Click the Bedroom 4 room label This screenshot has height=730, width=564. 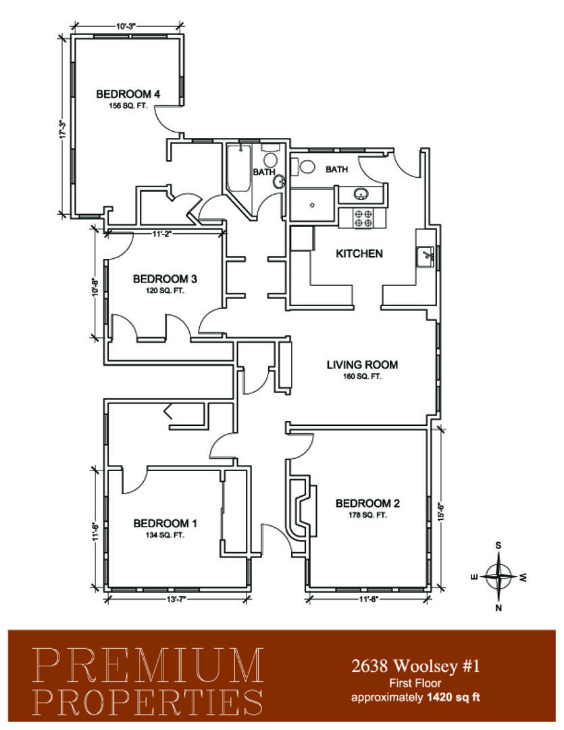[128, 94]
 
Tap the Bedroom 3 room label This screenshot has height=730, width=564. [165, 279]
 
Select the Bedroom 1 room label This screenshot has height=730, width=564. [165, 523]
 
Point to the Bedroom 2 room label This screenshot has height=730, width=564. [367, 504]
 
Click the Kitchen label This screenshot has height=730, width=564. [359, 253]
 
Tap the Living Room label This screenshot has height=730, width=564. [362, 365]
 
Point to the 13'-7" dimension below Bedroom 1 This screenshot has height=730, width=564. [176, 599]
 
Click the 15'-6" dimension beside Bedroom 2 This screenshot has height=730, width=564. [442, 511]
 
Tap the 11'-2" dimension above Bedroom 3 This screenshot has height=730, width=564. [162, 234]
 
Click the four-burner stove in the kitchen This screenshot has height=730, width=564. [363, 218]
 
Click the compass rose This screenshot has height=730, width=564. [498, 577]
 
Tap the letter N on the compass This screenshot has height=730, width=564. [498, 608]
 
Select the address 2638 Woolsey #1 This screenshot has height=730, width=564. [415, 666]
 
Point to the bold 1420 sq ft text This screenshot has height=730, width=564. [453, 698]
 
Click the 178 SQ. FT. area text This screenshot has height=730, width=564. [367, 515]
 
